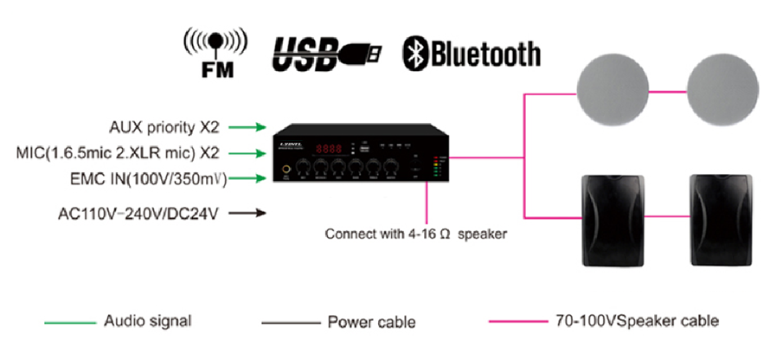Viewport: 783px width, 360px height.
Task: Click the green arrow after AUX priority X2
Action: [248, 128]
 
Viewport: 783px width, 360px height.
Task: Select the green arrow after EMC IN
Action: [248, 179]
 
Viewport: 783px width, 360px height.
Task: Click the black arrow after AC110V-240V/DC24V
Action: [248, 211]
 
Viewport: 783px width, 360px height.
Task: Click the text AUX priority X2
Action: [164, 128]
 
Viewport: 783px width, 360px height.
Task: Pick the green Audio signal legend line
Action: [70, 322]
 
